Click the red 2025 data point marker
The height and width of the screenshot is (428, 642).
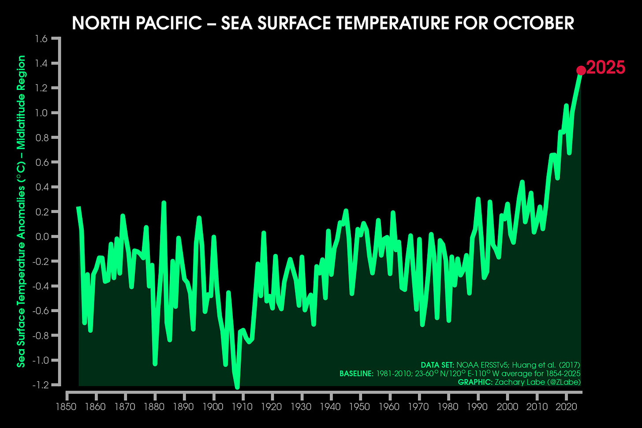click(581, 71)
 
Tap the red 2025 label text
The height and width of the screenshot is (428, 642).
click(606, 68)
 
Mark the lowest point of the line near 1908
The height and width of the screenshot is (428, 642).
click(237, 387)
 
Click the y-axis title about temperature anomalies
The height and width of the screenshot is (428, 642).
click(21, 212)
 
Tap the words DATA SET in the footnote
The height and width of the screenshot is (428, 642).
click(437, 365)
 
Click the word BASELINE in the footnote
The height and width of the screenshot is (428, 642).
click(355, 374)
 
